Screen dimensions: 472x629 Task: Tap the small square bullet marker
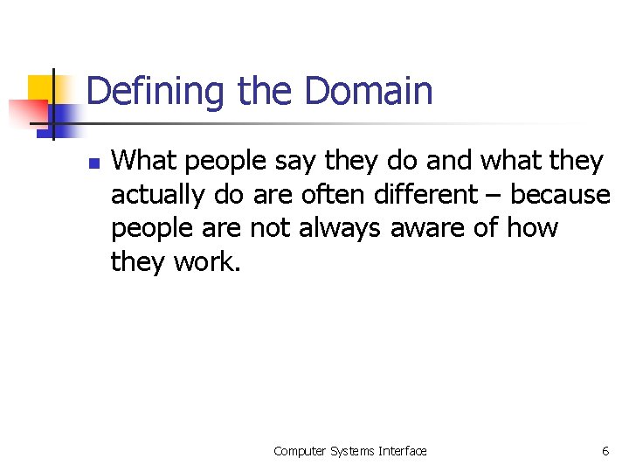pos(95,163)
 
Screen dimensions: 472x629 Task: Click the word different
pos(416,194)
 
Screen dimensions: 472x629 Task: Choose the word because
pos(562,194)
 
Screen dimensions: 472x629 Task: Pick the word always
pos(340,228)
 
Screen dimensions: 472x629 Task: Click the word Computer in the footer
pos(300,451)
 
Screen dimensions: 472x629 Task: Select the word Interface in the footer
pos(403,451)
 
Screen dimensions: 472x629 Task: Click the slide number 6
pos(605,451)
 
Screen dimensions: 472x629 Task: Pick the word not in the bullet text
pos(271,228)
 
